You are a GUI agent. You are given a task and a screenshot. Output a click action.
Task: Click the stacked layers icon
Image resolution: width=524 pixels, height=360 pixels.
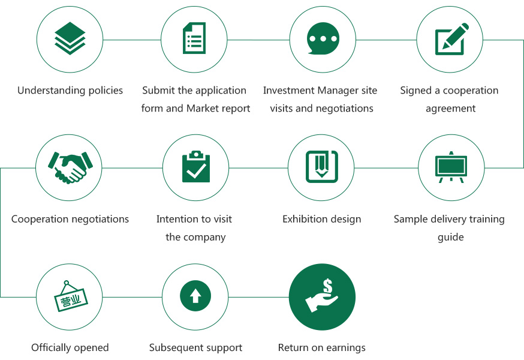[x=70, y=38]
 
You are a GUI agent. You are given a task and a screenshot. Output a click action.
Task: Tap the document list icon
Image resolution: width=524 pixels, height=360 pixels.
[x=194, y=38]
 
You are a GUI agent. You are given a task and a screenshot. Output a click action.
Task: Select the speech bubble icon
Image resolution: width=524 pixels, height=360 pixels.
[x=323, y=38]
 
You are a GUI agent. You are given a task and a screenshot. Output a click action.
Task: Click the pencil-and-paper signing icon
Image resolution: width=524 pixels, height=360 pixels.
[x=451, y=39]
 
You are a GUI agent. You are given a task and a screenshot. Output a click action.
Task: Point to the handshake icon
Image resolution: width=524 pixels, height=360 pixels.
[x=70, y=167]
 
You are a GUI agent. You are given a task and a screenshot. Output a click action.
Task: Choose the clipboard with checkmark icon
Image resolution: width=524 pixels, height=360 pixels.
[x=196, y=167]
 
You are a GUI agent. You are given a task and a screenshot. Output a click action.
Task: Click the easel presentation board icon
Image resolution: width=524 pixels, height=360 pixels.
[x=451, y=167]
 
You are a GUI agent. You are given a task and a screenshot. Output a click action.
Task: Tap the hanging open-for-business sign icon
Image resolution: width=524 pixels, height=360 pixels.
[x=71, y=296]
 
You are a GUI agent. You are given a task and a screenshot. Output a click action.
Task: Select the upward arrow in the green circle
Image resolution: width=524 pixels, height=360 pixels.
[x=195, y=296]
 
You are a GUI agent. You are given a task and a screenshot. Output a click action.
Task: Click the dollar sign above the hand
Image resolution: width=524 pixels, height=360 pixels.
[x=327, y=286]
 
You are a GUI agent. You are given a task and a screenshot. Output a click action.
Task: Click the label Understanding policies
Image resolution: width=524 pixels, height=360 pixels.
[x=70, y=91]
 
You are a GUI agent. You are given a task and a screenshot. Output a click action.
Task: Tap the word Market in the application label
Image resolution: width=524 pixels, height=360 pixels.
[x=201, y=109]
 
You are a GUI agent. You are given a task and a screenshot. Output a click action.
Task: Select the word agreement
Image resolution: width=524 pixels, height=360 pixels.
[x=450, y=109]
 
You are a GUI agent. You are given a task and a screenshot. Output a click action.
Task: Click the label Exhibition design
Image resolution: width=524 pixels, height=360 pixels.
[x=322, y=220]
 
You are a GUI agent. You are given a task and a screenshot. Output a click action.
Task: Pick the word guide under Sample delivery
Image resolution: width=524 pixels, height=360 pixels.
[x=451, y=238]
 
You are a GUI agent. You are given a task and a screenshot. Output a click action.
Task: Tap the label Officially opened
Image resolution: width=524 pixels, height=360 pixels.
[x=70, y=348]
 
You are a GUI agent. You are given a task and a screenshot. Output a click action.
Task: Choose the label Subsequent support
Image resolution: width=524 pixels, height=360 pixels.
[x=195, y=348]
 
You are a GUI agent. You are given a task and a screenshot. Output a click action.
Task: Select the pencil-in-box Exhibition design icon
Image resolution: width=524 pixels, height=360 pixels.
[x=322, y=167]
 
